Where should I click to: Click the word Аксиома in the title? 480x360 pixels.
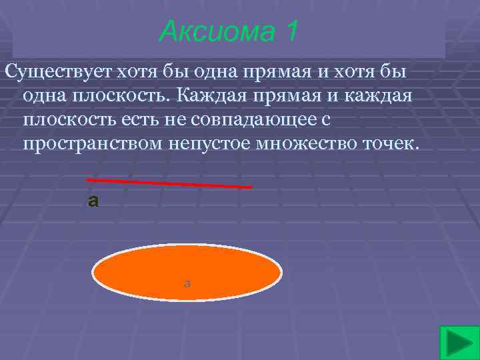212,31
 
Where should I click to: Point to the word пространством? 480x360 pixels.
91,145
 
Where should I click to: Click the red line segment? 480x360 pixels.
169,183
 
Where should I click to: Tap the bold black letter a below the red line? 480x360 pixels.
93,200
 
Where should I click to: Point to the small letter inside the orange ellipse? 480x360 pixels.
187,283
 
